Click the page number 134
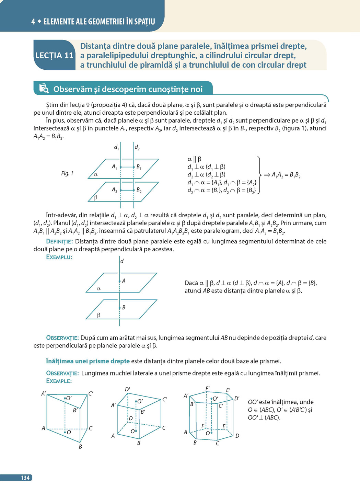[25, 478]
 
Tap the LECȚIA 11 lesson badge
[54, 56]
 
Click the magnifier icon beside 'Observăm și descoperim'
[44, 89]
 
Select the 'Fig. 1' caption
[67, 173]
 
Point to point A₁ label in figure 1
[114, 166]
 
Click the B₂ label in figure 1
[139, 190]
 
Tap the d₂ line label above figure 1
[137, 148]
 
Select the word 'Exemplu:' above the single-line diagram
[59, 257]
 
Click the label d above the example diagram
[122, 261]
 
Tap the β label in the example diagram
[98, 315]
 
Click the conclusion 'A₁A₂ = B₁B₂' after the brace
[286, 175]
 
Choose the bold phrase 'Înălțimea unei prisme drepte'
[88, 361]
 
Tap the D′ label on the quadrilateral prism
[127, 389]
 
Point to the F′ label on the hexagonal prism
[208, 389]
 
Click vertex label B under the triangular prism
[80, 447]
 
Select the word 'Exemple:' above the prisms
[59, 381]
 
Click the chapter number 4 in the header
[33, 22]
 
